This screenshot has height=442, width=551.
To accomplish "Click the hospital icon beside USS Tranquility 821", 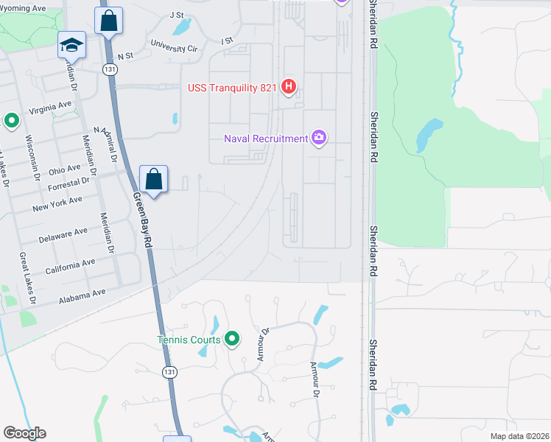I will coord(289,88).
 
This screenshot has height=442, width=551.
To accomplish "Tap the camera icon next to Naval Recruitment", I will coord(319,138).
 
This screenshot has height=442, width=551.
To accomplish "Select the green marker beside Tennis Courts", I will coord(232,340).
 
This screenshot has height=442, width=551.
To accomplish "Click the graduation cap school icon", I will coord(71,46).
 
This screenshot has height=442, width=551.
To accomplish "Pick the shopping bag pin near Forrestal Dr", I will coord(153,179).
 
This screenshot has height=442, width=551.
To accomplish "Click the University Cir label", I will coord(174,46).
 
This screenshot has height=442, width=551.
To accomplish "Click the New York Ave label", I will coord(57,204).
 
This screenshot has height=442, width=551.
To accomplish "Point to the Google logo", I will coord(24,433).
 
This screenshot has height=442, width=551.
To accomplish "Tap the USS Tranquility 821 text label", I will coord(232,88).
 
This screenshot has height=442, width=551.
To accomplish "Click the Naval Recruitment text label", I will coord(266,138).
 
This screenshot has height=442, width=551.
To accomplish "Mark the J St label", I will coord(176,14).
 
